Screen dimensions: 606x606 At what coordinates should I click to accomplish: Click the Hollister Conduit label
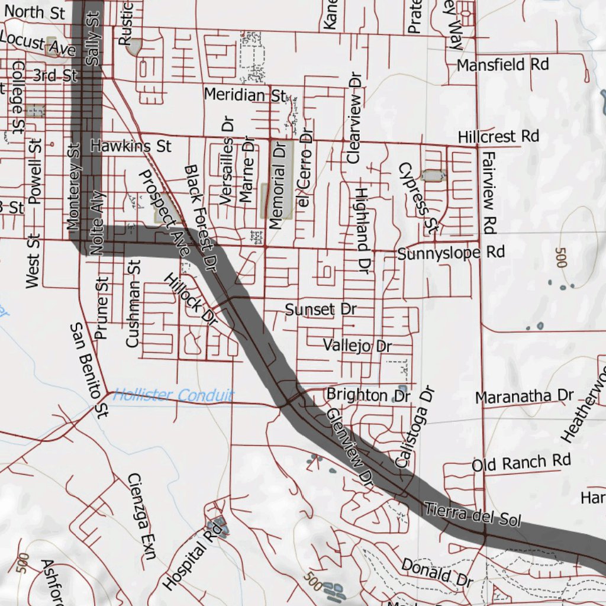pyautogui.click(x=173, y=395)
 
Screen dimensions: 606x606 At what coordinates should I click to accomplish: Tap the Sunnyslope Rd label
pyautogui.click(x=451, y=253)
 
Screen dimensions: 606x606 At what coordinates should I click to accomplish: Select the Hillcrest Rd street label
pyautogui.click(x=498, y=137)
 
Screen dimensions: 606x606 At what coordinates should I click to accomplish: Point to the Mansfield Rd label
pyautogui.click(x=503, y=65)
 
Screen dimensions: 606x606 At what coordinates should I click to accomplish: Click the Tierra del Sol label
pyautogui.click(x=473, y=514)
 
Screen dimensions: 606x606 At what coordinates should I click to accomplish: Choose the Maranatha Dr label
pyautogui.click(x=524, y=395)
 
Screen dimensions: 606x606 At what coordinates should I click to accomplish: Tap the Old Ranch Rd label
pyautogui.click(x=521, y=462)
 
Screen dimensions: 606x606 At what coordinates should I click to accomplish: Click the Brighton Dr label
pyautogui.click(x=369, y=395)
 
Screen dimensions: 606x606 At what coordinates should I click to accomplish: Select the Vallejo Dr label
pyautogui.click(x=357, y=345)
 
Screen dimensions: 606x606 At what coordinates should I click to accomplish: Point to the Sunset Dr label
pyautogui.click(x=321, y=310)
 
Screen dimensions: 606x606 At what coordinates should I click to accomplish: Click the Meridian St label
pyautogui.click(x=245, y=94)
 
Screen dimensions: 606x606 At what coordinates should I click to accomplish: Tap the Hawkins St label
pyautogui.click(x=131, y=146)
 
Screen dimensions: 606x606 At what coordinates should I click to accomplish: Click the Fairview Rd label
pyautogui.click(x=489, y=191)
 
